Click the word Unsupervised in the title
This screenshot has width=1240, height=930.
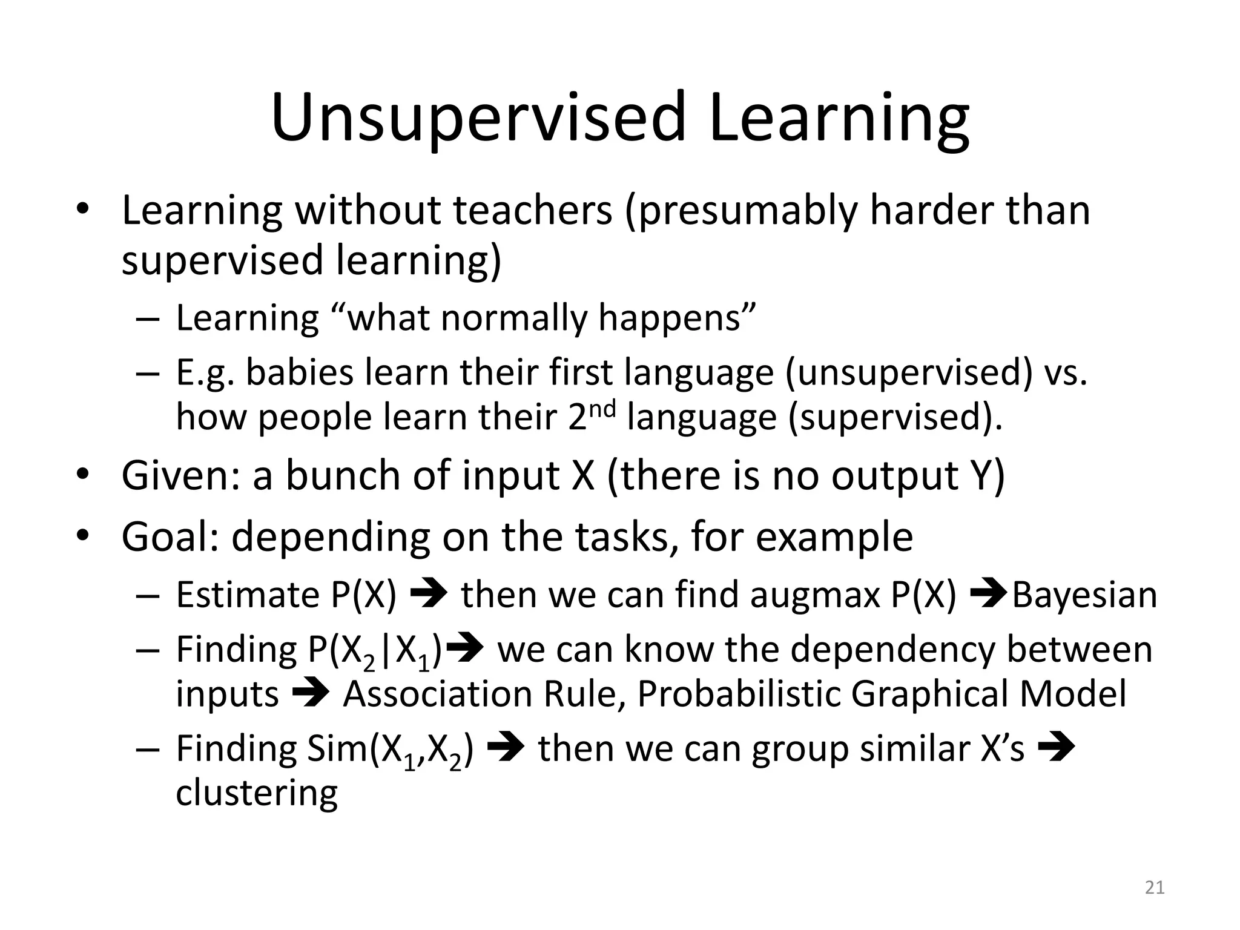click(478, 118)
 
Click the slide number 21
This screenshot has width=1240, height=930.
click(1155, 888)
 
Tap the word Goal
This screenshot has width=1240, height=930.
click(170, 537)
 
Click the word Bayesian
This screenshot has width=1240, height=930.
click(1084, 595)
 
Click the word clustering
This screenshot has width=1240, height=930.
click(257, 793)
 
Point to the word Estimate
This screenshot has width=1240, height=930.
click(247, 595)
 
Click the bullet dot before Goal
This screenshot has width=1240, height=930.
click(83, 536)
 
